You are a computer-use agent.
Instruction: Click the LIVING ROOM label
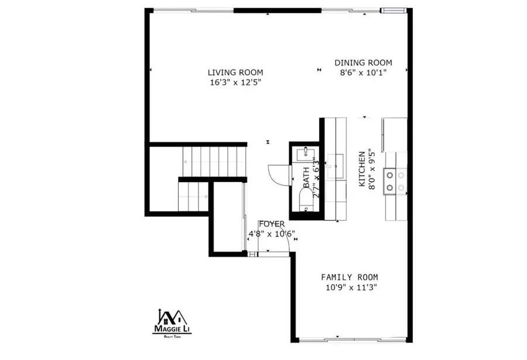coord(234,73)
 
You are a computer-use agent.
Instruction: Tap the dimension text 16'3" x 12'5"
coord(234,83)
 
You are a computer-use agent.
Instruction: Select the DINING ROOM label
coord(363,63)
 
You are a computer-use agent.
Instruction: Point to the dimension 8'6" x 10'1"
coord(363,73)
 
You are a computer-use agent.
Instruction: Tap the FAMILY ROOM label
coord(349,277)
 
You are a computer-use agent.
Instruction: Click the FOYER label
coord(272,224)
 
